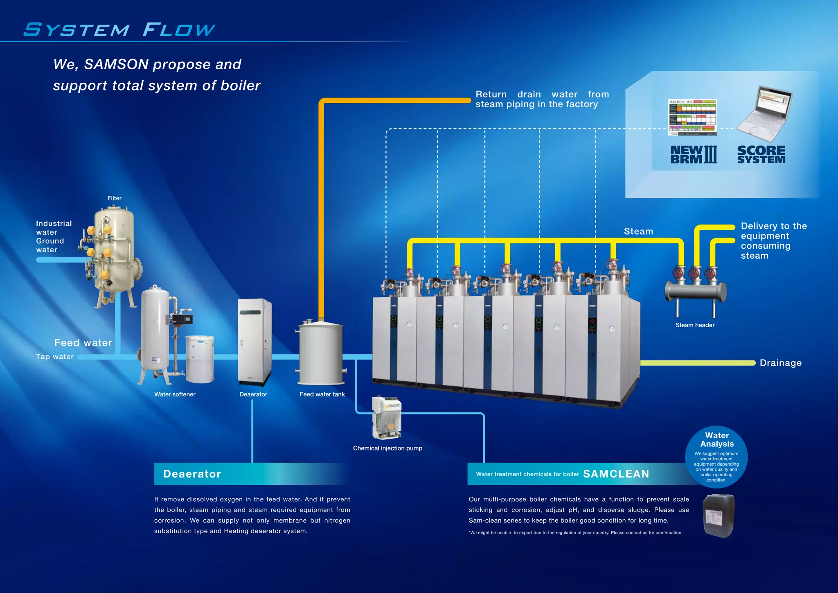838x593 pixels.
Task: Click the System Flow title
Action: click(119, 29)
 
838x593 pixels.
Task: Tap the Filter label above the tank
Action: click(115, 198)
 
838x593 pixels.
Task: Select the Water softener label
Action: click(175, 394)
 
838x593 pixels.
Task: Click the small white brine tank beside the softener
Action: click(200, 359)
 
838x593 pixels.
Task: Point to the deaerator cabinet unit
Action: click(255, 342)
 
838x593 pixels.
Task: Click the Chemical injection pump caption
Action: click(387, 448)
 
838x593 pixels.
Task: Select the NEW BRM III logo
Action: click(694, 155)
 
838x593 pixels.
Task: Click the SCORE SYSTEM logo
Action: click(761, 155)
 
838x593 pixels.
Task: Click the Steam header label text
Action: click(695, 325)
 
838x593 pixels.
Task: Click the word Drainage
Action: click(780, 363)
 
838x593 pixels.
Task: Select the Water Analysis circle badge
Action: click(716, 457)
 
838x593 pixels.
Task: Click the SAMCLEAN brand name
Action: click(616, 474)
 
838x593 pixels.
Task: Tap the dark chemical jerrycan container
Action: click(719, 516)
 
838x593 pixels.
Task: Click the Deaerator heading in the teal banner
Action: click(192, 474)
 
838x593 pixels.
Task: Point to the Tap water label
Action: click(55, 357)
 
